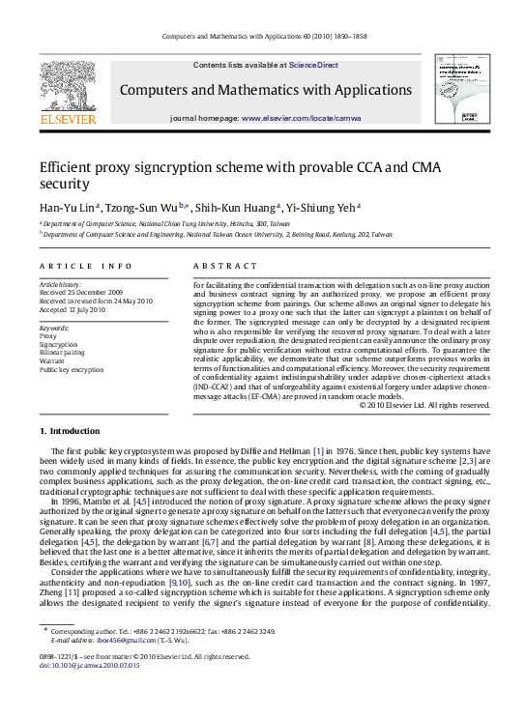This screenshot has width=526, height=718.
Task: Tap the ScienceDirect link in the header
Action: pyautogui.click(x=313, y=65)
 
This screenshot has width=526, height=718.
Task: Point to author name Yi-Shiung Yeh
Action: pyautogui.click(x=324, y=207)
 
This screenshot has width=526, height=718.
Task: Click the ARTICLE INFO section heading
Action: pyautogui.click(x=87, y=265)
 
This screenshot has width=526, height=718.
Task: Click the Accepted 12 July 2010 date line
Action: pyautogui.click(x=73, y=310)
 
